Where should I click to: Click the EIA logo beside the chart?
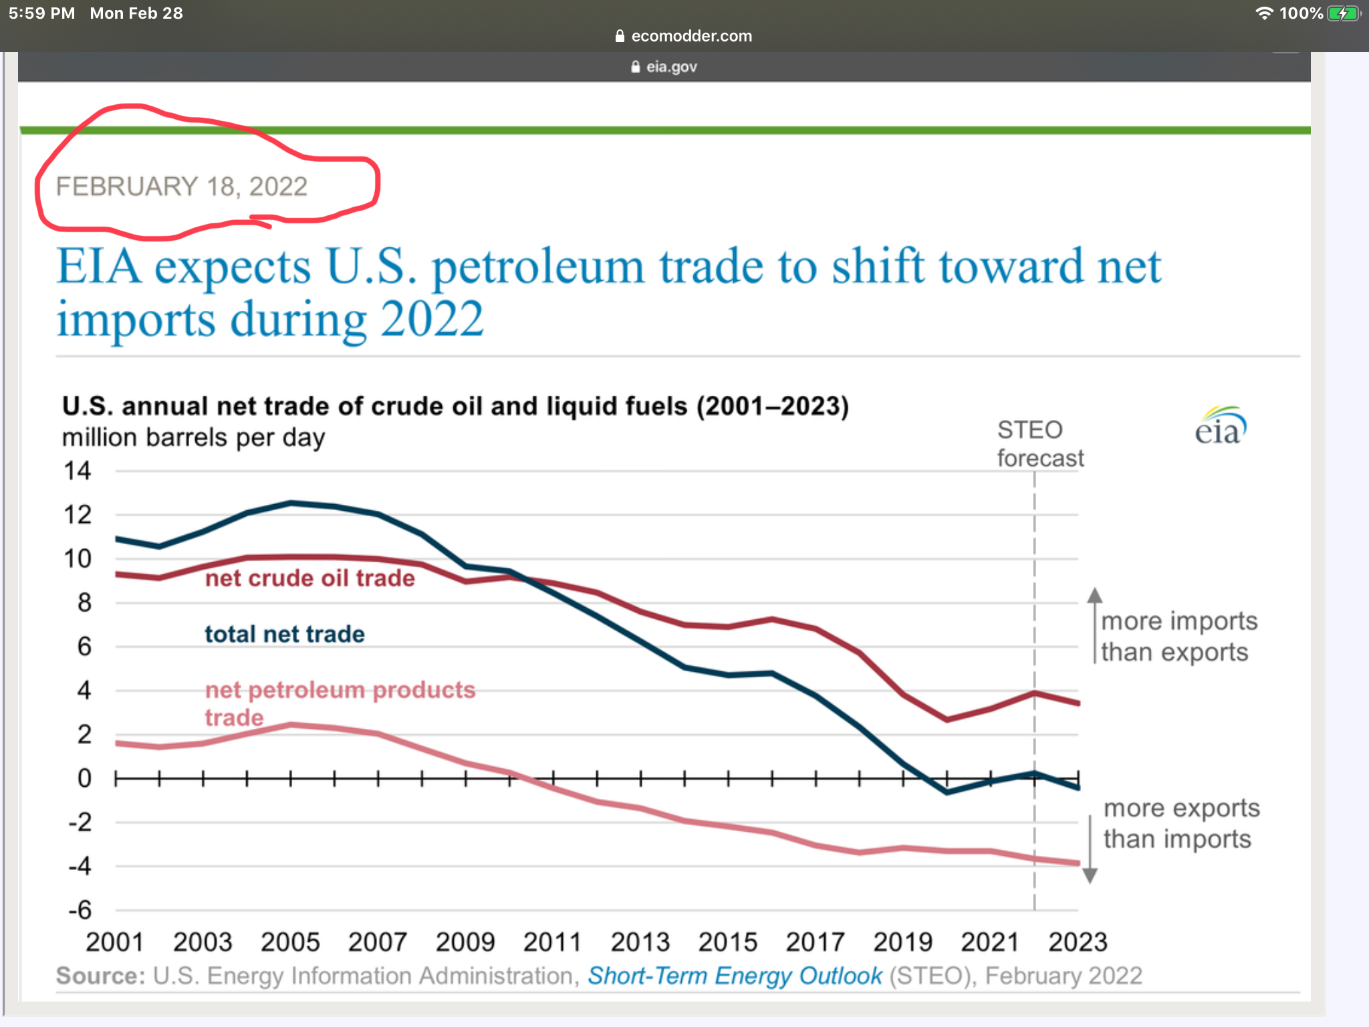point(1221,427)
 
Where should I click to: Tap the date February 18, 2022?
point(182,187)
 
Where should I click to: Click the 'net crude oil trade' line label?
point(309,578)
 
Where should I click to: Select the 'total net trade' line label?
point(285,634)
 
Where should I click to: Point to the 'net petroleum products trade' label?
point(340,702)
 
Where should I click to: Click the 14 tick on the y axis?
point(78,471)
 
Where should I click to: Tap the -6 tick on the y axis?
point(80,910)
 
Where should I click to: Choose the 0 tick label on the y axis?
point(84,778)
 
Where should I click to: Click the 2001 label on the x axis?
point(115,942)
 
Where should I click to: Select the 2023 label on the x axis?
point(1078,942)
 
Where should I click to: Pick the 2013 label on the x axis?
point(640,942)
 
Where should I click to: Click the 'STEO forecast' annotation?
point(1039,444)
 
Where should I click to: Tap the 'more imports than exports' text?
point(1179,637)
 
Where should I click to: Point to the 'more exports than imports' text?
point(1181,824)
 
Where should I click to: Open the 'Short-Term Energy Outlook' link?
point(735,976)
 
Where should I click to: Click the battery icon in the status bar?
point(1344,13)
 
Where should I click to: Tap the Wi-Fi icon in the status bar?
point(1264,13)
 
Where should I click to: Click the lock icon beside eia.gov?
point(636,67)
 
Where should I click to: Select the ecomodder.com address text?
point(691,36)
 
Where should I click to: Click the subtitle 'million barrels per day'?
point(193,438)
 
